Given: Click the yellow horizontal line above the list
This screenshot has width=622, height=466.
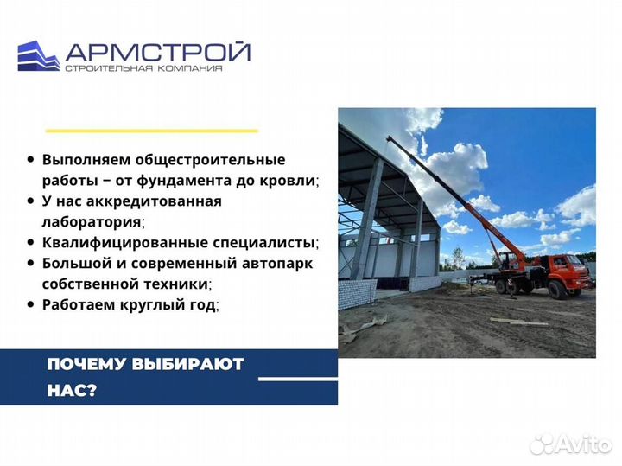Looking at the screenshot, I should [x=151, y=131].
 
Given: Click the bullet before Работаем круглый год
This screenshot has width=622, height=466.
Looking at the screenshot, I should [x=31, y=304].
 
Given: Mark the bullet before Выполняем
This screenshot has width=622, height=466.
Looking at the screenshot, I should [x=31, y=160].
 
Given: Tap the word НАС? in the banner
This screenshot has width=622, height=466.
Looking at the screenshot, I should [x=73, y=390].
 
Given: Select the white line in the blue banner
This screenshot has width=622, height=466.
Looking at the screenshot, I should [x=298, y=379].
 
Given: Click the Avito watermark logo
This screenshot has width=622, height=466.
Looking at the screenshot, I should [x=569, y=444].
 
